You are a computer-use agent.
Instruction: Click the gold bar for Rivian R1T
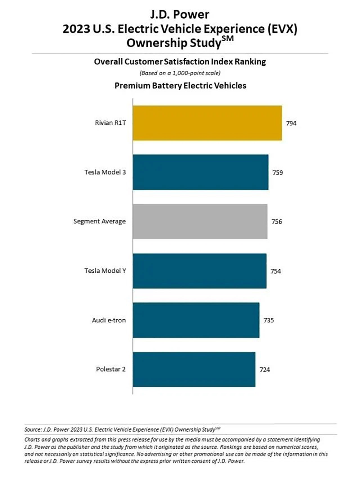coord(207,123)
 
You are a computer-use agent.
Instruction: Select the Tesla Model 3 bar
coord(201,172)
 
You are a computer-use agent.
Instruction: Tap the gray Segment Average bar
coord(200,221)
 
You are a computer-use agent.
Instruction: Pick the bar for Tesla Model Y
coord(199,271)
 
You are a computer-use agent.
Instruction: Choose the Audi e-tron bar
coord(196,320)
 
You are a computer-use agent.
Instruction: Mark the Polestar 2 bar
coord(194,369)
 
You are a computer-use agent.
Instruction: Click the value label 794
coord(291,123)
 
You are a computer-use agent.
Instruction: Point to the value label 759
coord(278,172)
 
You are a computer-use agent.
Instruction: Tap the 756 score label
coord(277,222)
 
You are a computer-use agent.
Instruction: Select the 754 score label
coord(276,271)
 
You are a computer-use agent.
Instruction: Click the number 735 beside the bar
coord(269,320)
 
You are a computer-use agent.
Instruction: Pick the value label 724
coord(265,370)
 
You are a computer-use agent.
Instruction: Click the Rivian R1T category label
coord(111,123)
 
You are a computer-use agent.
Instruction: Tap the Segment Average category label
coord(100,221)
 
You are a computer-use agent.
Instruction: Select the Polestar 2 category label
coord(111,369)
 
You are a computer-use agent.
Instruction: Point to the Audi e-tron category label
coord(109,320)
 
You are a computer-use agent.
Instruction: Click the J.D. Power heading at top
coord(180,15)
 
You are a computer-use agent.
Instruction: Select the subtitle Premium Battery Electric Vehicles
coord(180,86)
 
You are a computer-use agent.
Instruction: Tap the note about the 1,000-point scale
coord(180,73)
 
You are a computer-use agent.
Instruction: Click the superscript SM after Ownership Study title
coord(228,38)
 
